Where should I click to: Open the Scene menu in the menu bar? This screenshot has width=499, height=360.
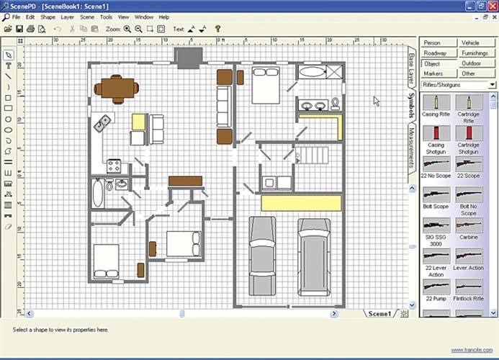click(x=86, y=17)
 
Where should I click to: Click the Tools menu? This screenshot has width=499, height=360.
click(x=106, y=17)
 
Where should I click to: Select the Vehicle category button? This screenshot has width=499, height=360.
click(x=469, y=43)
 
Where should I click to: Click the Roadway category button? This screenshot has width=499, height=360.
click(x=435, y=53)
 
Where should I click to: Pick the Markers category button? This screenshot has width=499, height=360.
click(x=433, y=73)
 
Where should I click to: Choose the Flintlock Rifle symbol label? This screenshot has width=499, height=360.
click(x=468, y=299)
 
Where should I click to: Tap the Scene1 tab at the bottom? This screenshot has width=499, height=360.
click(x=379, y=313)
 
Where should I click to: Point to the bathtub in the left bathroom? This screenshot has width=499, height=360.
click(x=99, y=194)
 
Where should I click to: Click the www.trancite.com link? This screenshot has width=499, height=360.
click(x=467, y=351)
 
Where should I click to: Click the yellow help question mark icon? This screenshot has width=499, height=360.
click(x=217, y=30)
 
